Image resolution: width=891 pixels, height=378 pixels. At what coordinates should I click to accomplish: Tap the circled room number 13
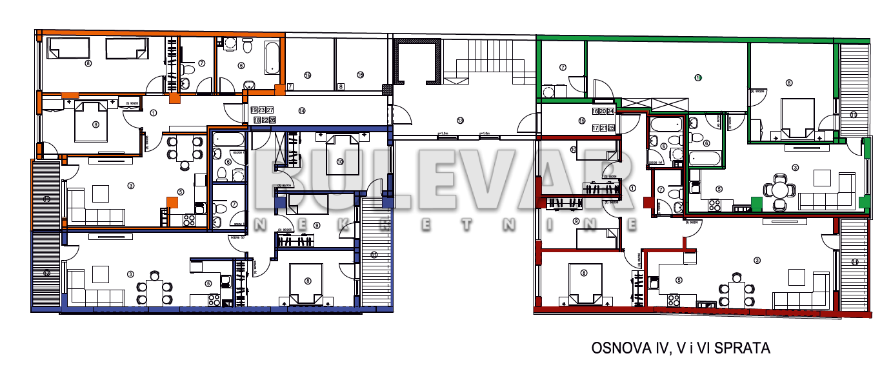click(x=460, y=120)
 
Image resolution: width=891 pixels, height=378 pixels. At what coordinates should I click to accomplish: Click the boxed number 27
click(x=270, y=110)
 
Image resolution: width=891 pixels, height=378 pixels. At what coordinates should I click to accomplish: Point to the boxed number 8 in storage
click(x=341, y=86)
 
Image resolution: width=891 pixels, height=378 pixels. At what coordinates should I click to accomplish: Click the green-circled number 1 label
click(x=697, y=77)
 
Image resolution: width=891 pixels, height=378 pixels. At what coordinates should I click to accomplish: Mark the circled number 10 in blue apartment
click(x=339, y=161)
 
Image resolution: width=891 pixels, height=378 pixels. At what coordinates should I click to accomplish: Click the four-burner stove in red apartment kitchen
click(x=674, y=300)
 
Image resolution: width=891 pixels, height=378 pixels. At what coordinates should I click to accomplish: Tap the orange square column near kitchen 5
click(x=172, y=202)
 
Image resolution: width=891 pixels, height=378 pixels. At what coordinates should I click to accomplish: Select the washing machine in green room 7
click(x=549, y=90)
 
